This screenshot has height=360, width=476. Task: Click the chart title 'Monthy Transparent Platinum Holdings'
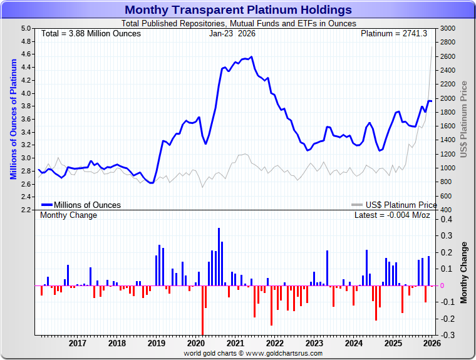coord(238,9)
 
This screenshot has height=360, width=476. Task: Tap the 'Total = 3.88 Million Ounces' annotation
coord(91,33)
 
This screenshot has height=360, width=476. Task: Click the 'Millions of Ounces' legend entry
coord(87,205)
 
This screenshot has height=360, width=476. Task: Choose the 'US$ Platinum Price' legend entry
coord(401,205)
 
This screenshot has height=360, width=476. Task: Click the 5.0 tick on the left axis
coord(26,28)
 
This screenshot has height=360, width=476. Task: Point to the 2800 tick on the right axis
coord(448,43)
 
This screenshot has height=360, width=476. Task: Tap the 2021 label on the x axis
coord(235,343)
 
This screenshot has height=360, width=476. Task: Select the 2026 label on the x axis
coord(432,343)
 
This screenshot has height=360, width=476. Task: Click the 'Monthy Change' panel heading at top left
coord(69,215)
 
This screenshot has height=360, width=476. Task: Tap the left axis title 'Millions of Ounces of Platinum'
coord(13,119)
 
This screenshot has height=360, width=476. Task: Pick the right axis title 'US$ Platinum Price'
coord(464,119)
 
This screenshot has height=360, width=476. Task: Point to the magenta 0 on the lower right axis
coord(443,285)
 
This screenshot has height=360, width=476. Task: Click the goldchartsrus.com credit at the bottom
coord(253,354)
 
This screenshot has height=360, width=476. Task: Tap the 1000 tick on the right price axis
coord(448,168)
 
